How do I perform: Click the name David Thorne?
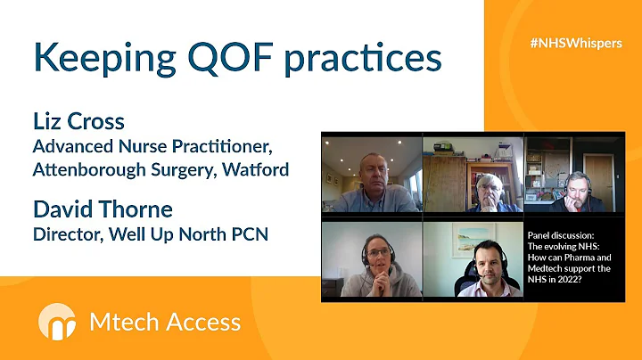(x=103, y=209)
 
